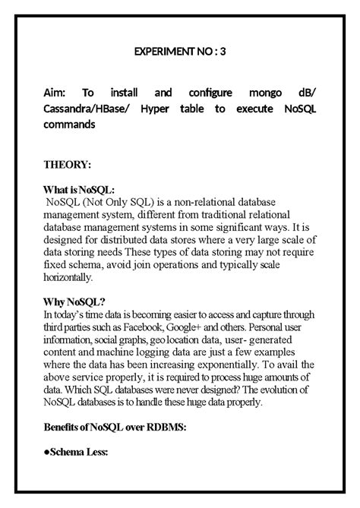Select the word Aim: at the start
tap(57, 93)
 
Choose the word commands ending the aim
tap(69, 125)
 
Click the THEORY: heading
tap(68, 164)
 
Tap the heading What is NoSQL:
tap(80, 191)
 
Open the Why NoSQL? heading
tap(74, 302)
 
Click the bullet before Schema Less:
tap(46, 453)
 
